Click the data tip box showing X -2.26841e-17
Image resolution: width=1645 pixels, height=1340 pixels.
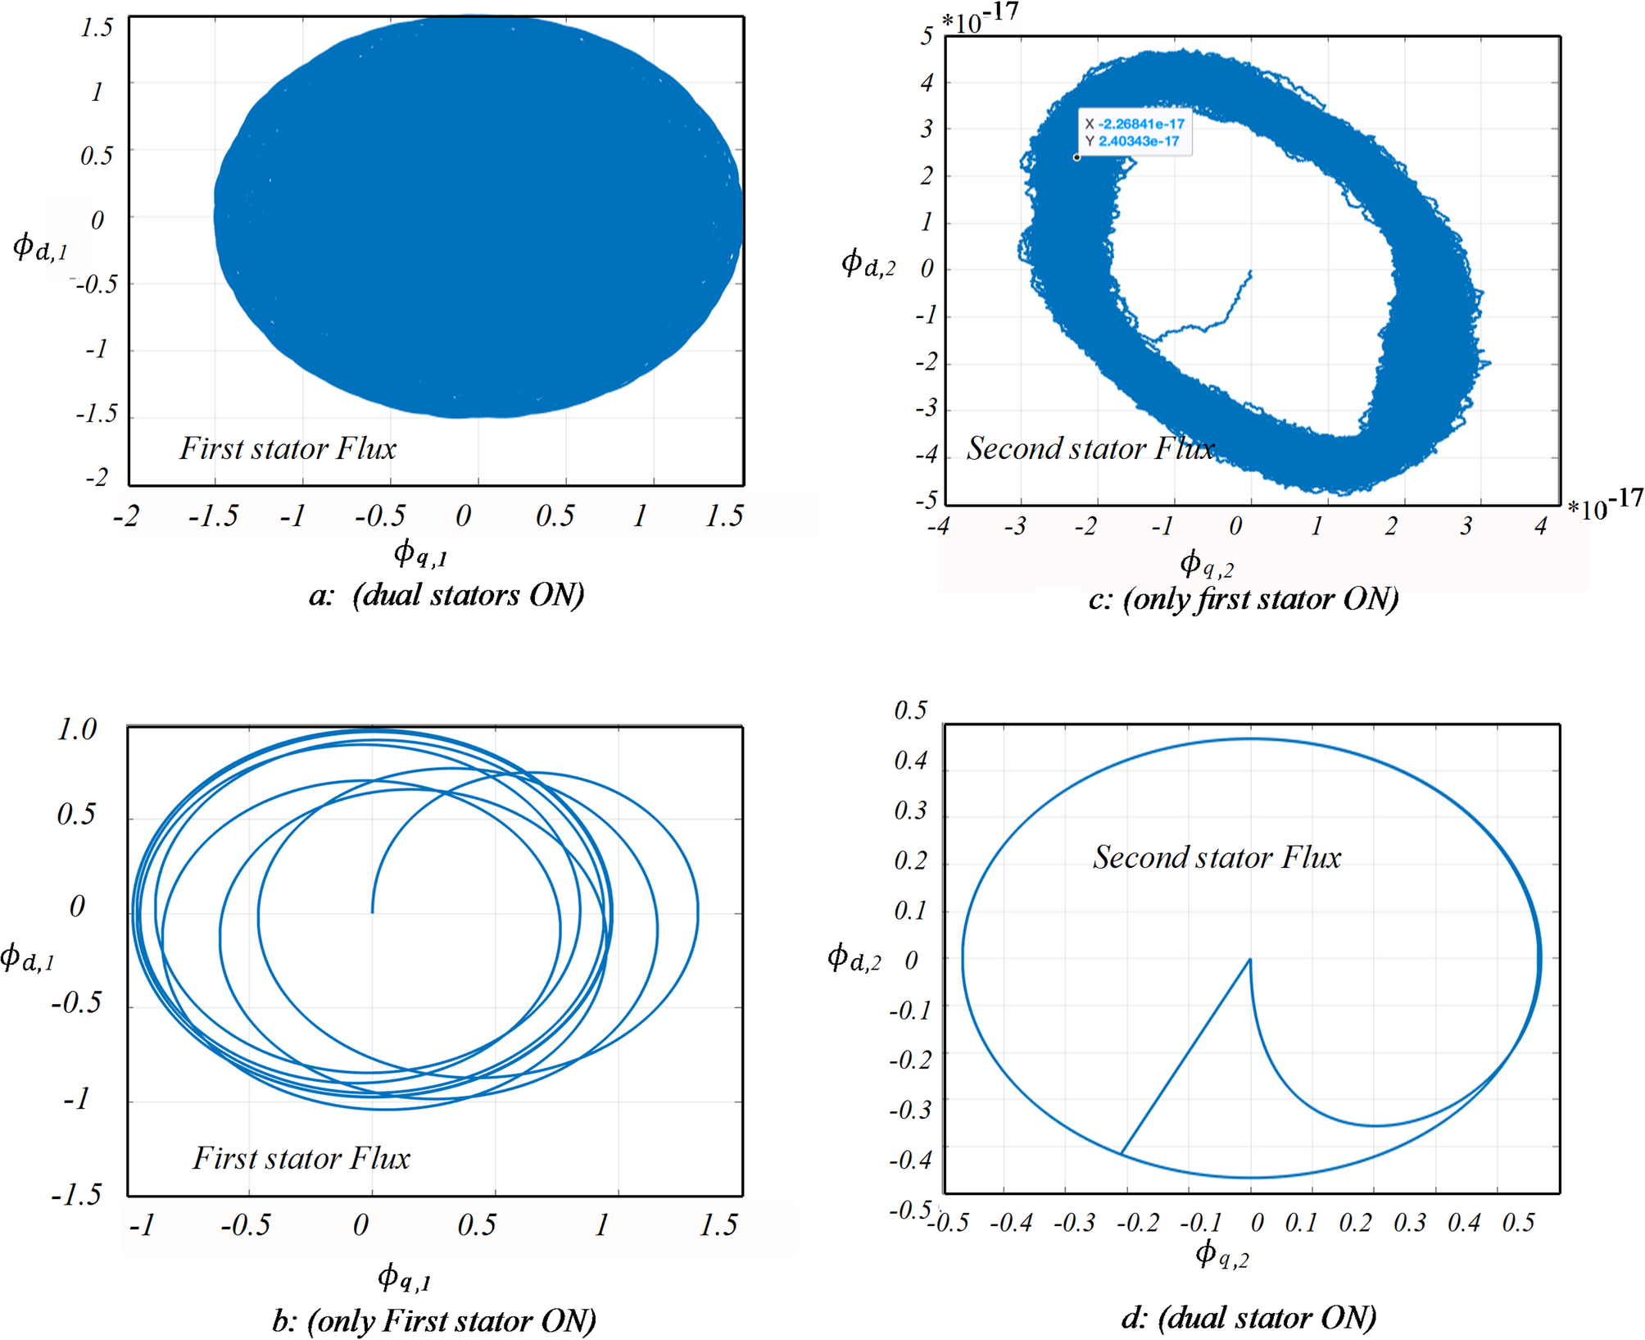coord(1135,132)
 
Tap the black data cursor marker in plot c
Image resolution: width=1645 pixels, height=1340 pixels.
coord(1076,157)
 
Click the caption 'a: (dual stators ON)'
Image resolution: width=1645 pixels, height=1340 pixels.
coord(447,594)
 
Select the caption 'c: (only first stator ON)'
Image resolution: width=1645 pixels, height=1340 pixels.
coord(1244,598)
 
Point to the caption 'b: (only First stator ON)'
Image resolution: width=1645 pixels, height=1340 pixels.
coord(434,1320)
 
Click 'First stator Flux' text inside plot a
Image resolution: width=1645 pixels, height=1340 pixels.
coord(288,448)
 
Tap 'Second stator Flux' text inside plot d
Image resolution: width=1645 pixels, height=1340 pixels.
coord(1217,857)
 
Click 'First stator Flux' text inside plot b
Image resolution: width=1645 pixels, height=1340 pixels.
coord(301,1158)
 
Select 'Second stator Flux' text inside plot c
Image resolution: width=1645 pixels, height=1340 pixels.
coord(1090,448)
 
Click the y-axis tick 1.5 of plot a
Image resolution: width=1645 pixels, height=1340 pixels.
coord(97,28)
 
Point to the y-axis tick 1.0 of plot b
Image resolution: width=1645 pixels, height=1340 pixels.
coord(77,729)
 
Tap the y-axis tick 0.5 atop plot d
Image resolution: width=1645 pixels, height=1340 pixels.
coord(911,710)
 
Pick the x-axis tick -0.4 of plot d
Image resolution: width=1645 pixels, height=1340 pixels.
coord(1011,1223)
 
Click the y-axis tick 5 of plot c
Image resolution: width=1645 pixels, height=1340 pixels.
coord(927,36)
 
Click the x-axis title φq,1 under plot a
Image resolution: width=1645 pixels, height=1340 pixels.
coord(420,554)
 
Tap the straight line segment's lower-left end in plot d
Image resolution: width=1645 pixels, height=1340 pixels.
coord(1121,1154)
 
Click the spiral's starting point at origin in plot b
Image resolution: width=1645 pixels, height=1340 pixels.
coord(373,911)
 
